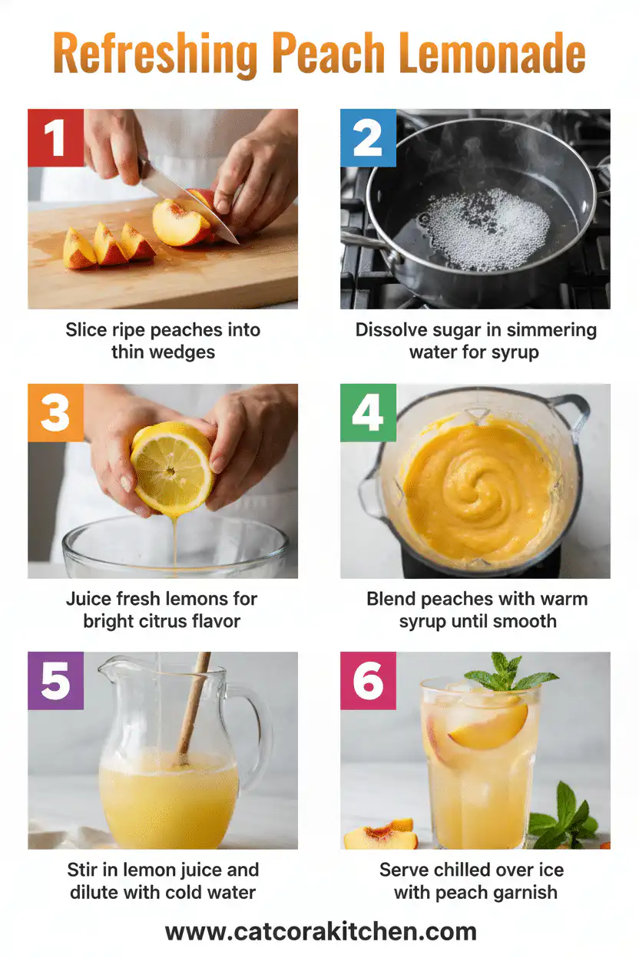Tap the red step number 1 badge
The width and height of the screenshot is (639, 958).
tap(55, 138)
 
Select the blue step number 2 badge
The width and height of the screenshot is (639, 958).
tap(368, 138)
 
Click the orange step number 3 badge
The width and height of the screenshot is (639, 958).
tap(55, 413)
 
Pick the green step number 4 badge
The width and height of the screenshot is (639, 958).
tap(368, 413)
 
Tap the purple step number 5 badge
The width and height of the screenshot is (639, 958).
tap(55, 680)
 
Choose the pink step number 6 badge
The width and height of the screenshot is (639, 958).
tap(368, 680)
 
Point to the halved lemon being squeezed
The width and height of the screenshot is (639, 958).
tap(171, 468)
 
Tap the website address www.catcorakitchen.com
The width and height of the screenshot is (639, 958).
tap(320, 932)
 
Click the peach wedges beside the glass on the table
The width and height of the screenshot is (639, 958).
tap(381, 835)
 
